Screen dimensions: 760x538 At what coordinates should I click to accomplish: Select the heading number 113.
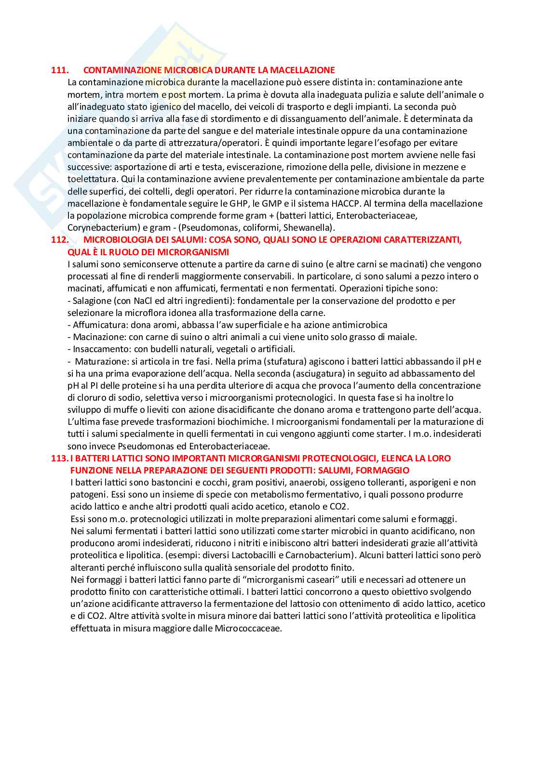click(x=60, y=458)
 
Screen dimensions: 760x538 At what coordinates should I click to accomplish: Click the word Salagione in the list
click(x=92, y=301)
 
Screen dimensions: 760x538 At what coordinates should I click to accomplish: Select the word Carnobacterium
click(x=323, y=555)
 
